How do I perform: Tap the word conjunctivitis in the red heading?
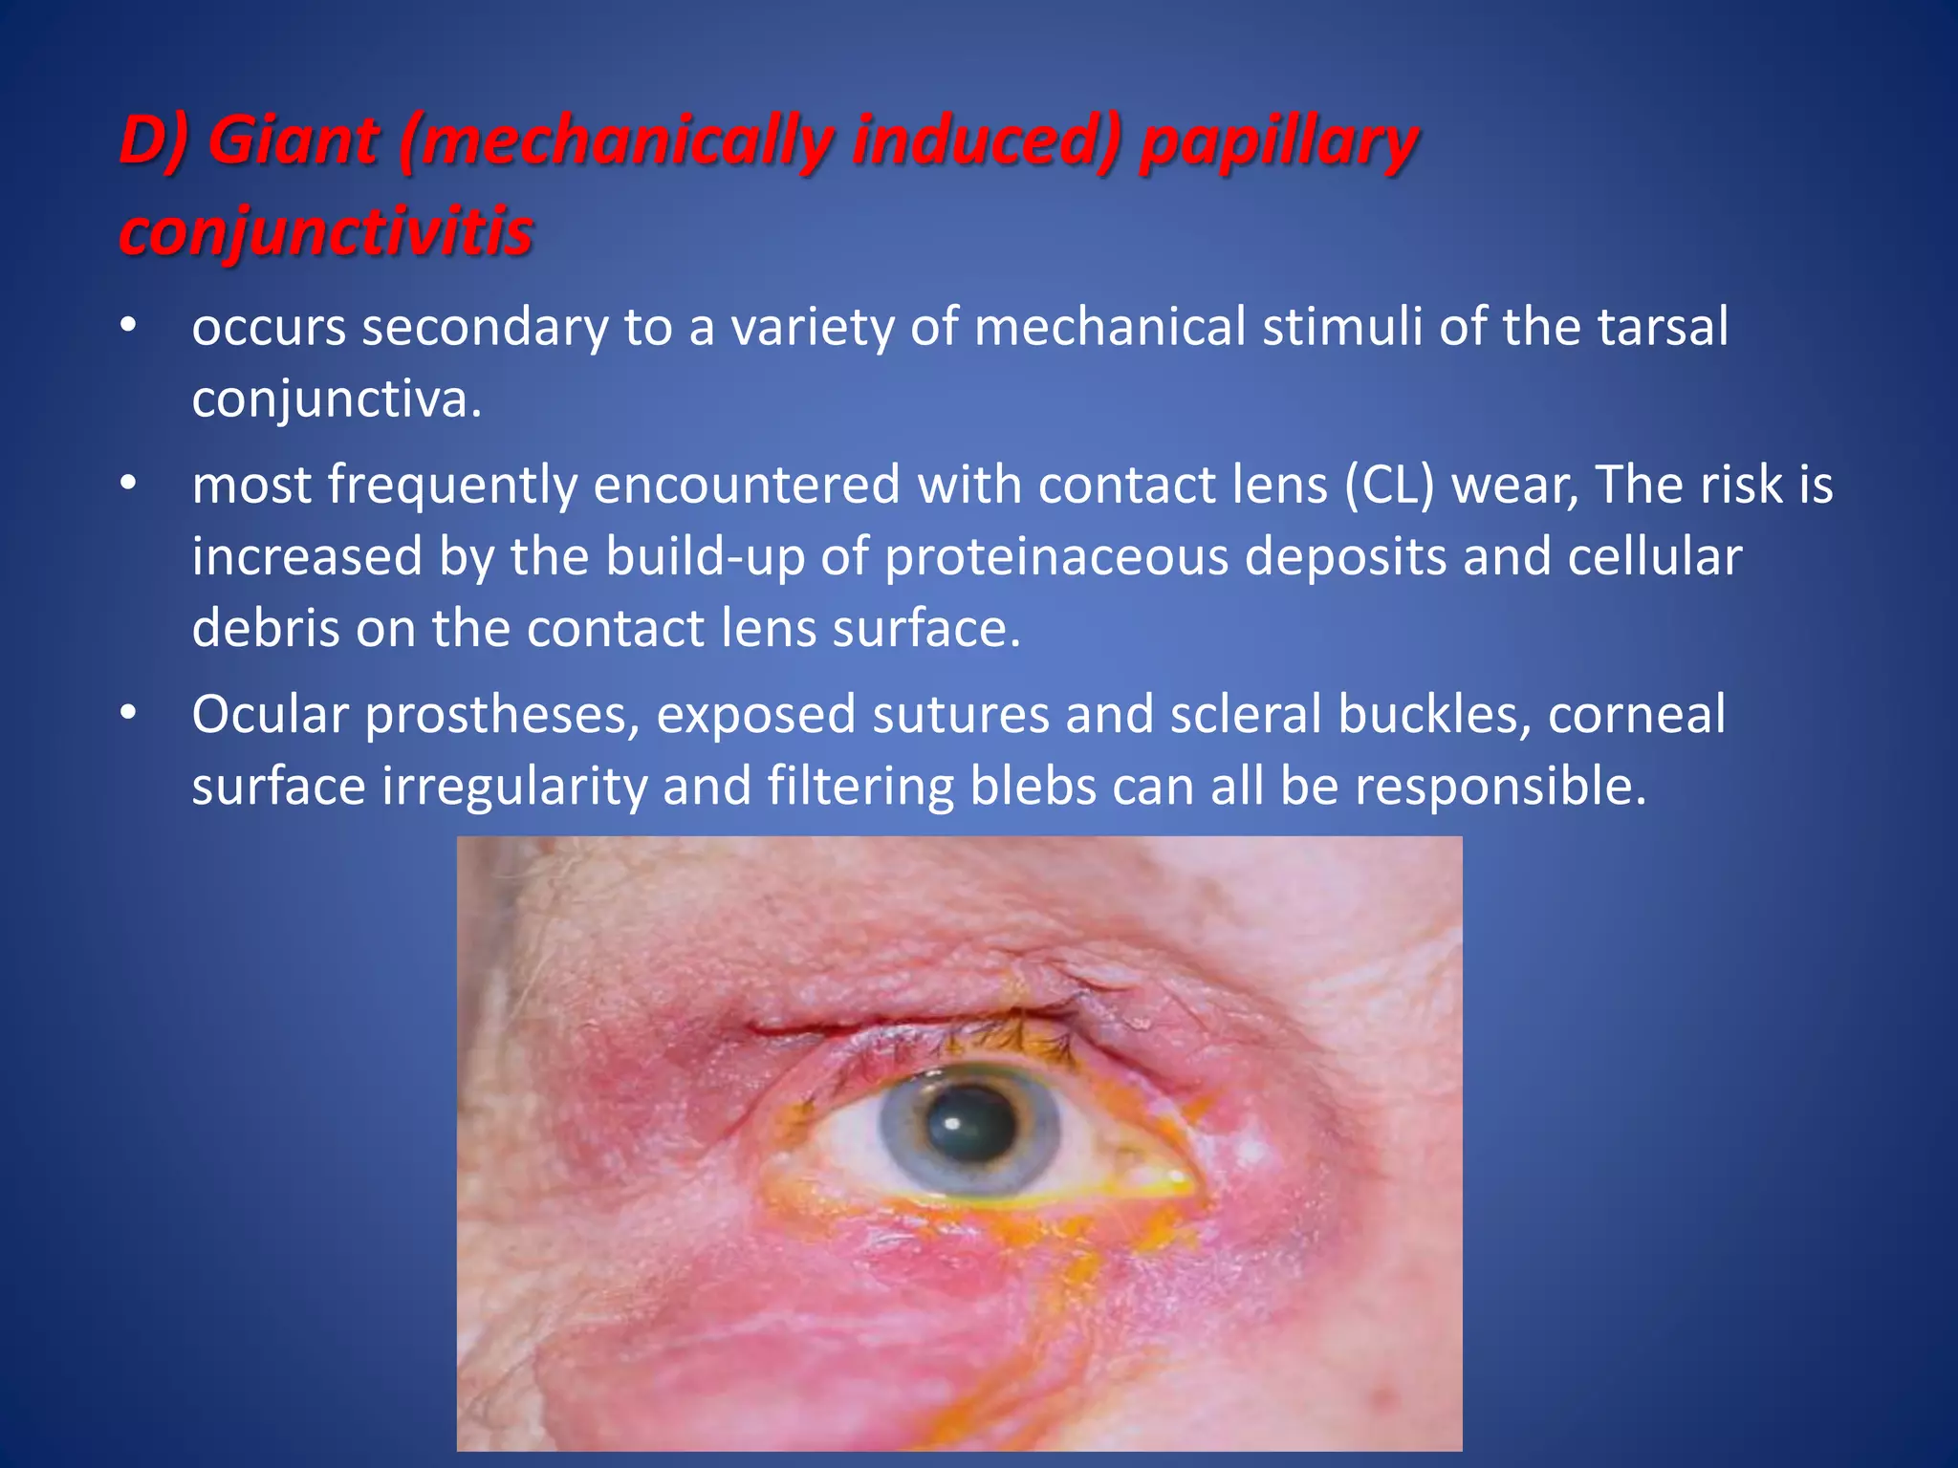click(326, 232)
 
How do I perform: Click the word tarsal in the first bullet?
click(1663, 327)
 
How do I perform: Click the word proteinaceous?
click(1055, 556)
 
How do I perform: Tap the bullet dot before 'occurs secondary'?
click(129, 327)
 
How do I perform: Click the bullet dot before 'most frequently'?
click(129, 485)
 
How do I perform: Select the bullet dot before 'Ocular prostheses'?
click(129, 714)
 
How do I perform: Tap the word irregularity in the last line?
click(513, 788)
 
